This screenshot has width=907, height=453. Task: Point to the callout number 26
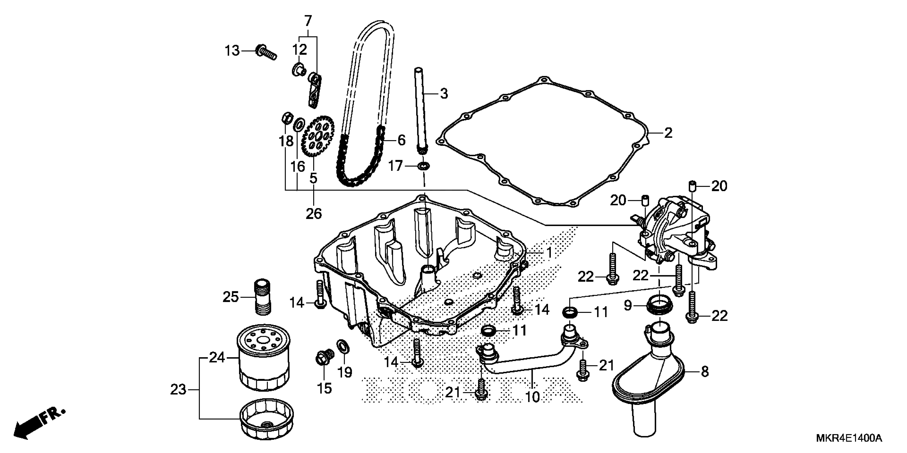tap(313, 213)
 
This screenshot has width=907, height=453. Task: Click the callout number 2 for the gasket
tap(668, 133)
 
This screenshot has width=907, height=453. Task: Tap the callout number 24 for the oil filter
tap(217, 357)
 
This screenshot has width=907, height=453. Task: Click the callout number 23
tap(178, 390)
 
